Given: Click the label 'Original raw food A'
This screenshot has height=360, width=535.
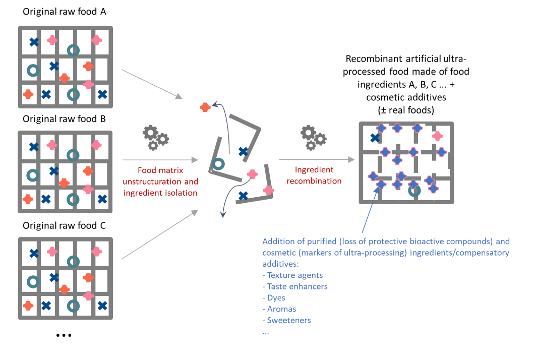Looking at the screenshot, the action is pyautogui.click(x=64, y=12).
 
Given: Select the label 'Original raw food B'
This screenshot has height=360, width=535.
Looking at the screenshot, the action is pyautogui.click(x=64, y=119).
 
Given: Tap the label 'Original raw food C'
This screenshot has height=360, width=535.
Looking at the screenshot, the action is pyautogui.click(x=64, y=225).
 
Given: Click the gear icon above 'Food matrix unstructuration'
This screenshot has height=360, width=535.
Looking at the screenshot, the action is pyautogui.click(x=156, y=138).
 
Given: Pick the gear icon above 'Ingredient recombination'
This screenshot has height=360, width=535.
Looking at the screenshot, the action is pyautogui.click(x=313, y=138).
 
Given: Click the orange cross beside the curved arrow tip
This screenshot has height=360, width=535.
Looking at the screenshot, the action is pyautogui.click(x=205, y=107).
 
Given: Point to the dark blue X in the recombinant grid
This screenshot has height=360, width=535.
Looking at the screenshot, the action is pyautogui.click(x=375, y=138).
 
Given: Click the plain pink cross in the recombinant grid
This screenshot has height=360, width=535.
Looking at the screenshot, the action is pyautogui.click(x=437, y=136).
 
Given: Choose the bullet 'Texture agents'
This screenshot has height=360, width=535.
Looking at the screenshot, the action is pyautogui.click(x=292, y=275).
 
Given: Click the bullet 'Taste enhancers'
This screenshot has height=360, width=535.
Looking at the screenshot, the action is pyautogui.click(x=295, y=286).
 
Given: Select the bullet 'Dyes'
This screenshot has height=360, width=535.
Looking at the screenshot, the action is pyautogui.click(x=274, y=297).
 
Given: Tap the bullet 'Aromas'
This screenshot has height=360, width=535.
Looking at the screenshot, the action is pyautogui.click(x=279, y=309).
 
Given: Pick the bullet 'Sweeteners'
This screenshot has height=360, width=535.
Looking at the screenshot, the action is pyautogui.click(x=286, y=320).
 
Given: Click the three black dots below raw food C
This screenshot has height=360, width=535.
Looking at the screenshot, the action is pyautogui.click(x=64, y=335).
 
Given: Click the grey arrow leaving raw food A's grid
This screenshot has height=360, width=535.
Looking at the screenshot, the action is pyautogui.click(x=152, y=84).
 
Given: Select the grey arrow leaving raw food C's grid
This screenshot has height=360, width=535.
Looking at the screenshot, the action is pyautogui.click(x=160, y=234).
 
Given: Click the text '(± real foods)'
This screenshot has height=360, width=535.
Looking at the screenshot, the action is pyautogui.click(x=406, y=110).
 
